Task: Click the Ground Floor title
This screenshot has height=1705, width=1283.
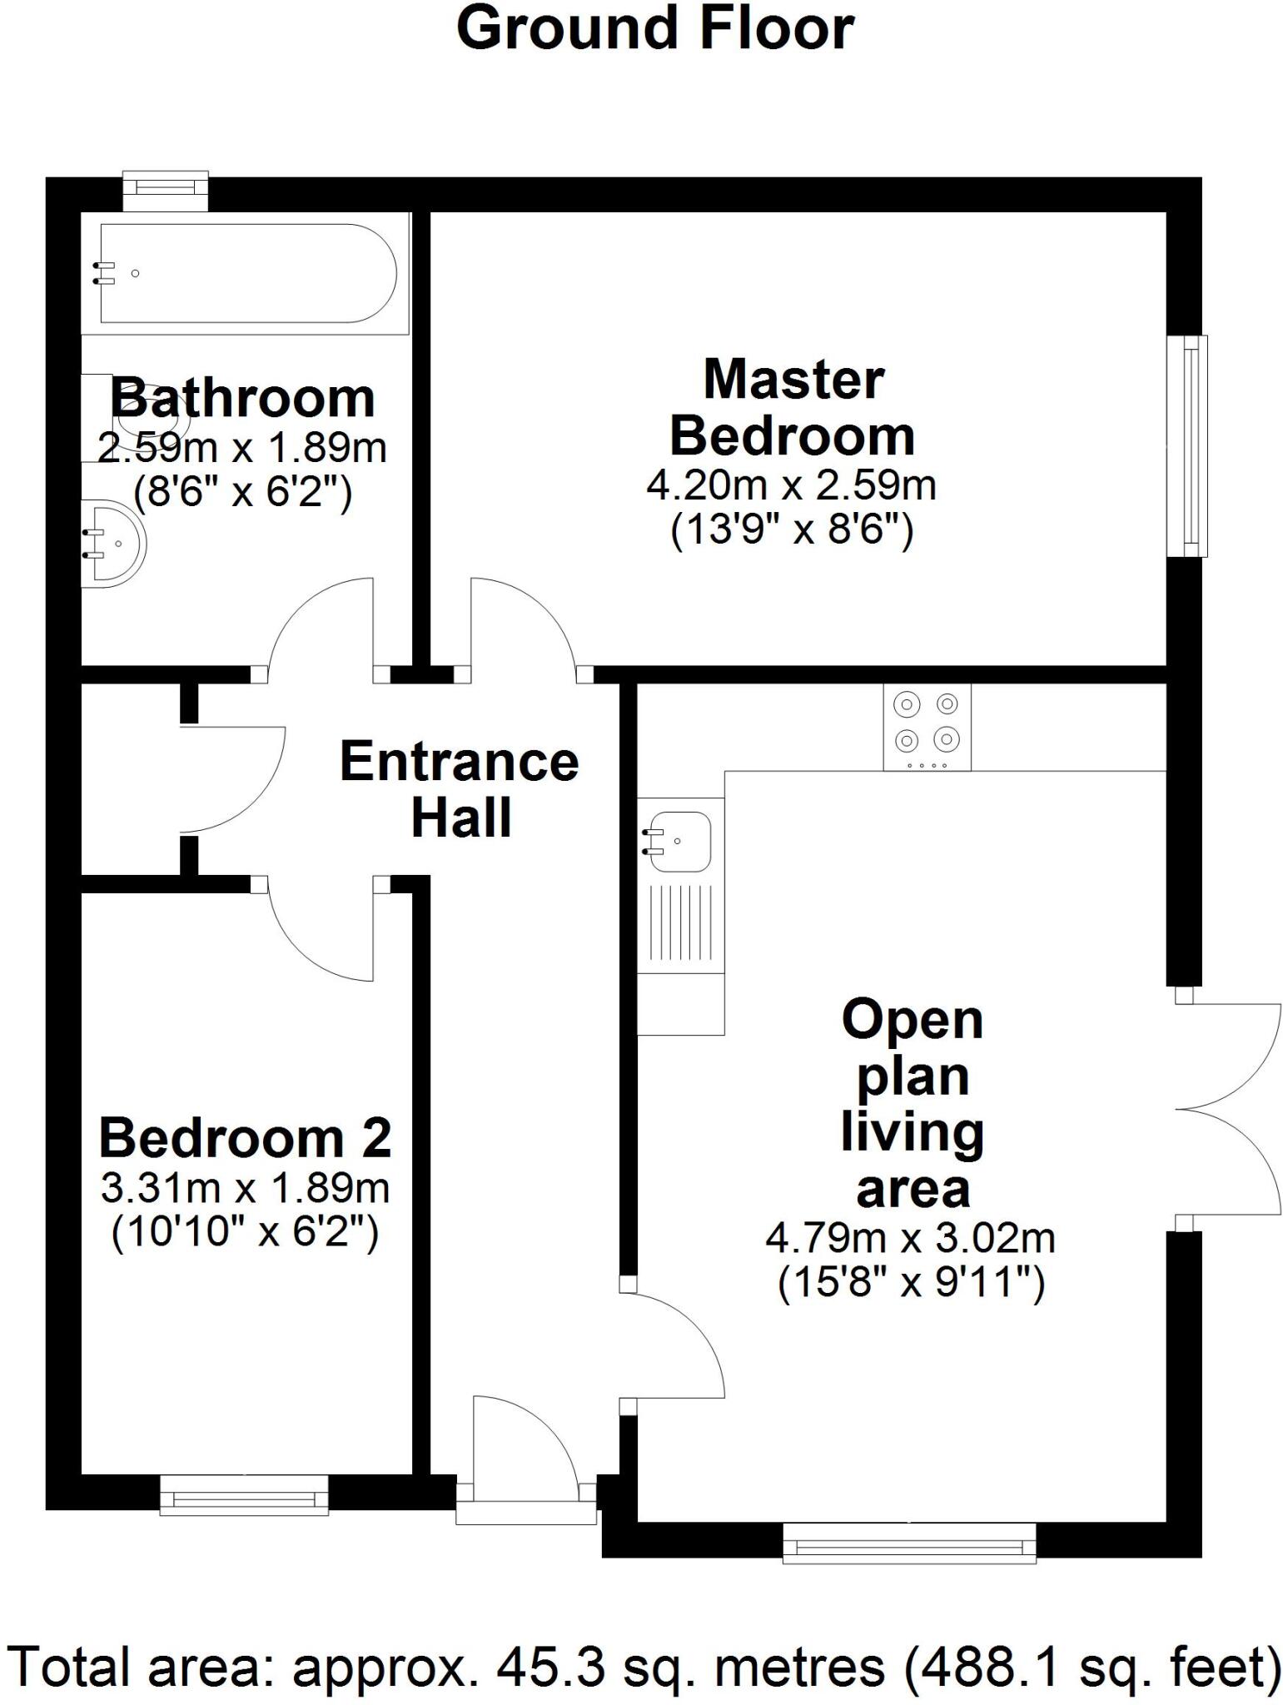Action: (x=654, y=28)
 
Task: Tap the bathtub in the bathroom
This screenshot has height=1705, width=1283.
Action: (x=246, y=273)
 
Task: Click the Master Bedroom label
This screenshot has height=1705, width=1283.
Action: (x=792, y=408)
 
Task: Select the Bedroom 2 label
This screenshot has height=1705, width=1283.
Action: (x=245, y=1138)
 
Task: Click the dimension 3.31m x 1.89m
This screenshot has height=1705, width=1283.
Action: (x=245, y=1188)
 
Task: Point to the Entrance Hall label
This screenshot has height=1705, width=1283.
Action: (x=460, y=789)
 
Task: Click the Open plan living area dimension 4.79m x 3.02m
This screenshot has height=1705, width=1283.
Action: (x=910, y=1239)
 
